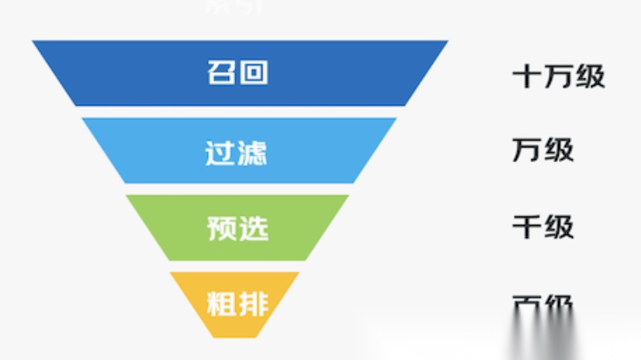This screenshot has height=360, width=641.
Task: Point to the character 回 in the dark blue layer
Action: pos(255,73)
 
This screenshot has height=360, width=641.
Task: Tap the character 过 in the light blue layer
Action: pos(221,151)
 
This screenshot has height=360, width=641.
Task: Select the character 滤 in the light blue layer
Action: pos(253,151)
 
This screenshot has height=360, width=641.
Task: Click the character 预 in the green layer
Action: pos(222,228)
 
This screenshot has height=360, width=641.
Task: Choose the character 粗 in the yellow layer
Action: pos(222,303)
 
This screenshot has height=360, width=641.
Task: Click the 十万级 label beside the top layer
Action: pos(559,76)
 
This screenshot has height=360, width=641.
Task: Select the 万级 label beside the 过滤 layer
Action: pos(543,150)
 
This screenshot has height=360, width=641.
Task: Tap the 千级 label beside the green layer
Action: pos(543,227)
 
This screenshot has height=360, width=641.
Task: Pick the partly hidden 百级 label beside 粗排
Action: pos(543,303)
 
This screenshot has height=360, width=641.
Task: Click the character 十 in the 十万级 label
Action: pos(527,76)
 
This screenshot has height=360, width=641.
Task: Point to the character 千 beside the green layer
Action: pos(527,227)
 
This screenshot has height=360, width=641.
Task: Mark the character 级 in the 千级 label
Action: pos(560,227)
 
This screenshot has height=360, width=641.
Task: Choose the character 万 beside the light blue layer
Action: pos(527,150)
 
